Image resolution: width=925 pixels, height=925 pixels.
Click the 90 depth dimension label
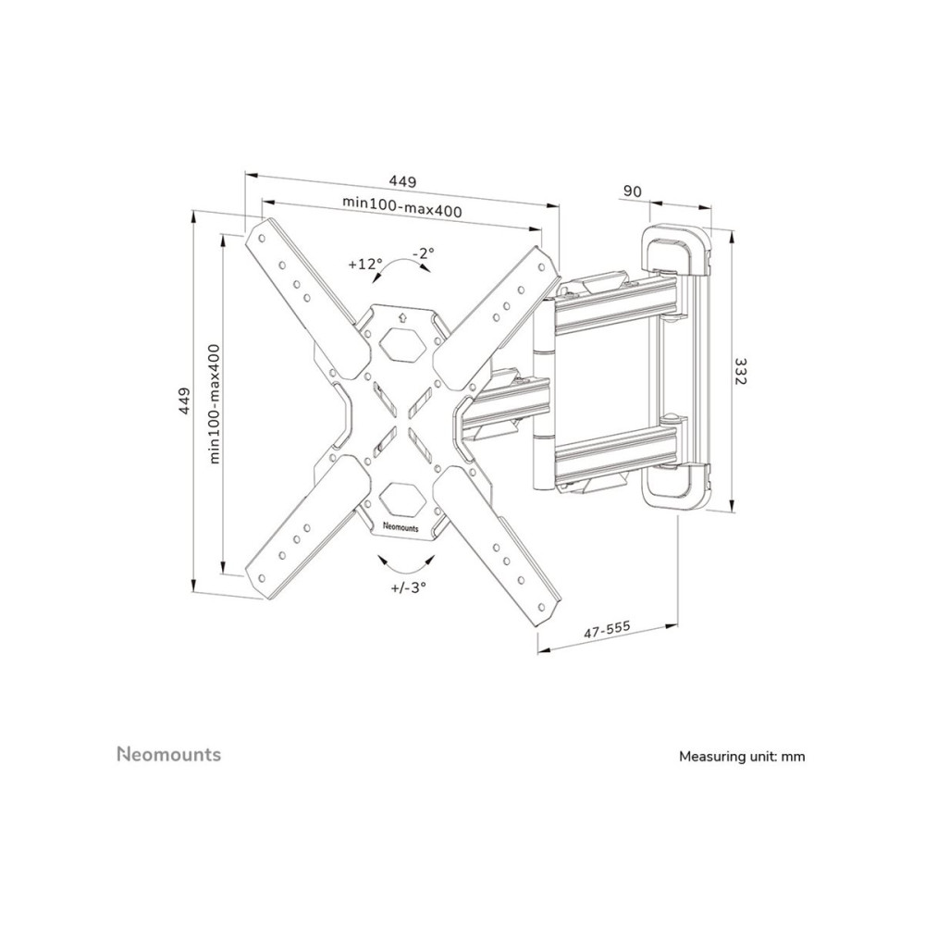coord(632,191)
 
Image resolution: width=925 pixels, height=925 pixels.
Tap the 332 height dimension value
coord(740,371)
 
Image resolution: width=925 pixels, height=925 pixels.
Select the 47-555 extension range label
coord(607,629)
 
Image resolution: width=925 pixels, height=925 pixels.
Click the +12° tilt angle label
coord(365,264)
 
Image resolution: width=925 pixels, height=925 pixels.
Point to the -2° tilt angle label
coord(424,253)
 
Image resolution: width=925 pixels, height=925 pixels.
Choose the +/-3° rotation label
coord(408,587)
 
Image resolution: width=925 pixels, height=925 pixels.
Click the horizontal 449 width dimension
coord(401,181)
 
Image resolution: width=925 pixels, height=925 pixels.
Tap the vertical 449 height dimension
coord(185,401)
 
